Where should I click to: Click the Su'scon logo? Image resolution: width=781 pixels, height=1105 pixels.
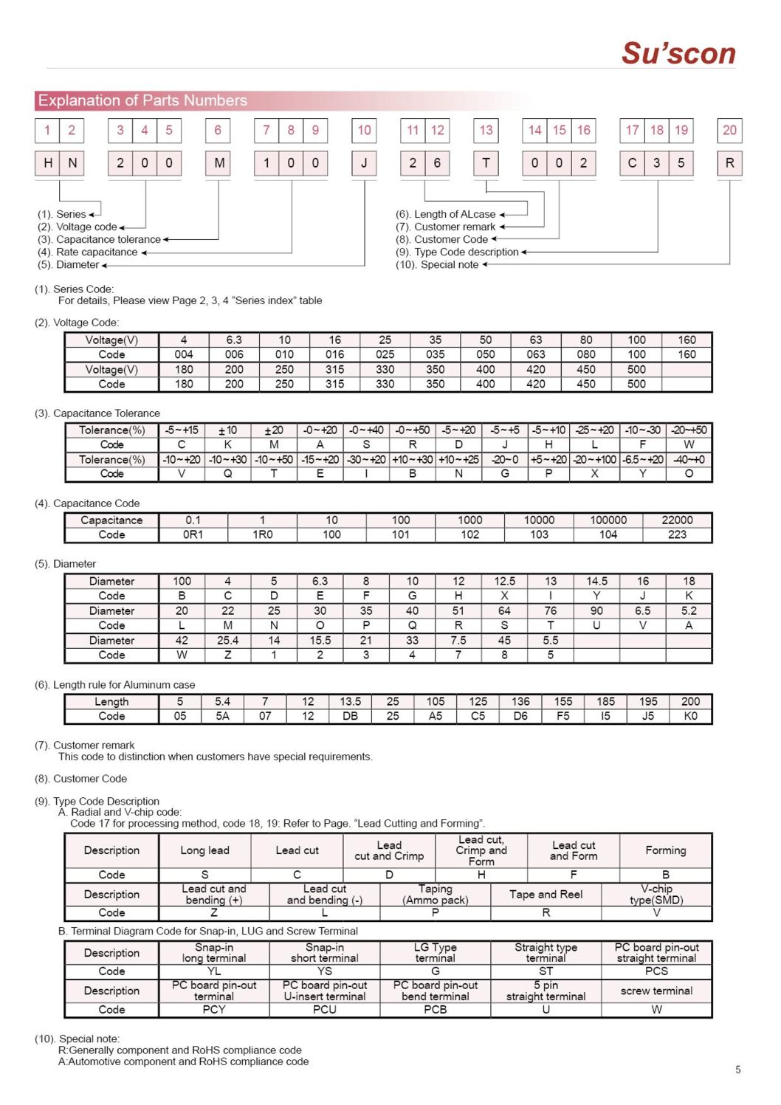[678, 53]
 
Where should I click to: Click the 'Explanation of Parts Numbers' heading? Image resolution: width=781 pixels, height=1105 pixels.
[142, 100]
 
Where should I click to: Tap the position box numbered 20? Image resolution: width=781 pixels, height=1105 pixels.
[729, 131]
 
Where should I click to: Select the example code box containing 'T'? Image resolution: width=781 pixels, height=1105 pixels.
[486, 163]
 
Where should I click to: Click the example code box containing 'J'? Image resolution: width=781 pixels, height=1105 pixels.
[364, 163]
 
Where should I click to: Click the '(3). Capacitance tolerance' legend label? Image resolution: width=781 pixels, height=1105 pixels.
[109, 239]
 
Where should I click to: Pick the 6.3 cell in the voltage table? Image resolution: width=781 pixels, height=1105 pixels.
[234, 340]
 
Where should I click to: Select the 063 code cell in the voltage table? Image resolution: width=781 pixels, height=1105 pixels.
[536, 354]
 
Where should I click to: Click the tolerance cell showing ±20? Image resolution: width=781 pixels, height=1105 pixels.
[274, 430]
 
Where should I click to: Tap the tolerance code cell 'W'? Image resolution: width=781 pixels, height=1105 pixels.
[689, 444]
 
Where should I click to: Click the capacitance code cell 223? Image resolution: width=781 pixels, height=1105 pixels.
[677, 534]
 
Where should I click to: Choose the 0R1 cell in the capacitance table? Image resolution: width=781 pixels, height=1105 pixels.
[193, 534]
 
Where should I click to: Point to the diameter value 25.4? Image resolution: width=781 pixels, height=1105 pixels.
[227, 641]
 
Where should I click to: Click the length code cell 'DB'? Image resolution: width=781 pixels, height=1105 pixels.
[350, 716]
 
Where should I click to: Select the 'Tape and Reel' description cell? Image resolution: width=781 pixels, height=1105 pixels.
[546, 894]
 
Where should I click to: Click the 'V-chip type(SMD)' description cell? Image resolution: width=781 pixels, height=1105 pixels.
[656, 894]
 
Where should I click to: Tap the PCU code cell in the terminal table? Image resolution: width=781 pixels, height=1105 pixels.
[325, 1009]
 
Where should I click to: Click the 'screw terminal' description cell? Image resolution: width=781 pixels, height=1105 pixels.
[656, 991]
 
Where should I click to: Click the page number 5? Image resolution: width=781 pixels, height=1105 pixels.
[737, 1070]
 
